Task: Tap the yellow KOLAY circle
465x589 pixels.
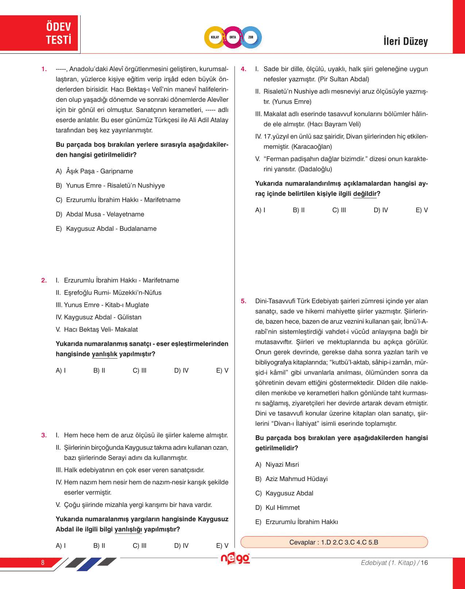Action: tap(215, 37)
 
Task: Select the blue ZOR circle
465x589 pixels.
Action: tap(251, 37)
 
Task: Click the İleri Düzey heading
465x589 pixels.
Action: tap(405, 41)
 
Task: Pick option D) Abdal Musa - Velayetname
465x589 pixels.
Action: tap(100, 214)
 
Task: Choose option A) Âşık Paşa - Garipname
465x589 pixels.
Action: tap(94, 171)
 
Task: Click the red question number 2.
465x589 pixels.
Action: tap(44, 280)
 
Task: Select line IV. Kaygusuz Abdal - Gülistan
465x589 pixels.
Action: tap(98, 317)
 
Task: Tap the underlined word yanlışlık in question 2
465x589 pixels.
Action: tap(104, 354)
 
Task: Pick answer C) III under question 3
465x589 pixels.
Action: tap(140, 546)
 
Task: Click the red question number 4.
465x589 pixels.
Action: tap(244, 69)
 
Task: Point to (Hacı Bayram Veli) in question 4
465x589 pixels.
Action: tap(334, 124)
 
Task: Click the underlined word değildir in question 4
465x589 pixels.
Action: tap(365, 194)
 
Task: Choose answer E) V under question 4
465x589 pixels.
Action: tap(422, 210)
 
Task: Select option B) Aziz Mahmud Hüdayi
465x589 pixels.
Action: tap(291, 479)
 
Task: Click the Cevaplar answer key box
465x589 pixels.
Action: tap(334, 542)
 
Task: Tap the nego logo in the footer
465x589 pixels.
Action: tap(235, 559)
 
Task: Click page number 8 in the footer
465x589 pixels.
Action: tap(43, 562)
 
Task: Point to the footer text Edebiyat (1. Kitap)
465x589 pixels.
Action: tap(388, 563)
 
